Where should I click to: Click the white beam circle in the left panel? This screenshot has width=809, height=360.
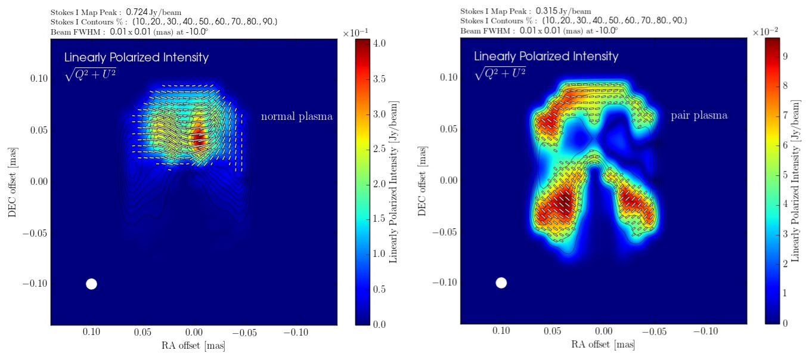(91, 284)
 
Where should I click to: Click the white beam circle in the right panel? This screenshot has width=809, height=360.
(501, 283)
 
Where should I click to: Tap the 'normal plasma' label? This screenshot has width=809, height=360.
(296, 117)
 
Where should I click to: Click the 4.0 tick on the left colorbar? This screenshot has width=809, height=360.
(379, 44)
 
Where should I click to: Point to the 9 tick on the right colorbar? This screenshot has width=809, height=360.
(785, 57)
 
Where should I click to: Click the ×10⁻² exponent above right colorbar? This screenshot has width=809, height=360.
(766, 32)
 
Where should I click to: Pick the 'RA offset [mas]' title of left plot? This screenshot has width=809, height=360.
(193, 346)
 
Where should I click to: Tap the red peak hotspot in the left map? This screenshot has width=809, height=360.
(198, 141)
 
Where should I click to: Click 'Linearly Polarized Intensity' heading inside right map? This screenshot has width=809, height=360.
(546, 57)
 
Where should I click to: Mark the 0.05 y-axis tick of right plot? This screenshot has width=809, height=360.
(449, 129)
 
